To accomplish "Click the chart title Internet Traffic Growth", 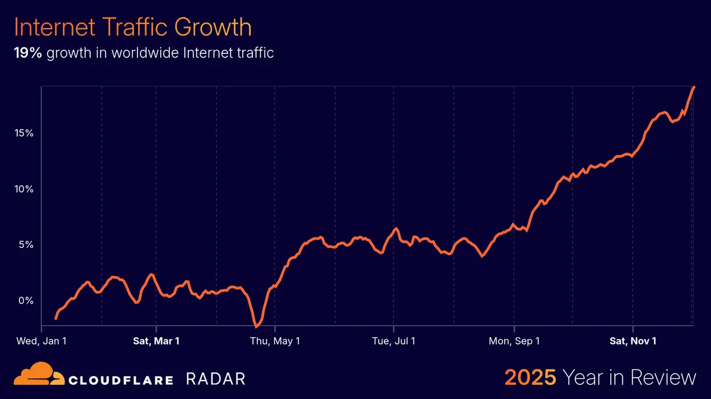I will pos(133,28).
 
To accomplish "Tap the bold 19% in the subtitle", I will pos(28,53).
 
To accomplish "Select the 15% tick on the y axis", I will pos(24,133).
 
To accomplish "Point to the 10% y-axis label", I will pos(24,189).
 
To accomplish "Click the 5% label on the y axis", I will pos(26,244).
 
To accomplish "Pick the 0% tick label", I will pos(26,300).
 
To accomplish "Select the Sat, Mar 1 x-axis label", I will pos(156,341).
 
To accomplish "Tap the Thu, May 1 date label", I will pos(275,341).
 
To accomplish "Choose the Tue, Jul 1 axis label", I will pos(393,341).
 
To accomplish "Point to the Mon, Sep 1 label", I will pos(514,341).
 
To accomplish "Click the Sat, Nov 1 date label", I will pos(633,341).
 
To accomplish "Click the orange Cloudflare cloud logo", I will pos(37,377).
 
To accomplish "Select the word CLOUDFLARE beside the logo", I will pos(121,379).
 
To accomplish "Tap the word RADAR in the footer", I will pos(215,379).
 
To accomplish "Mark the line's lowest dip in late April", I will pos(257,326).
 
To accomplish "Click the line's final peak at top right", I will pos(694,87).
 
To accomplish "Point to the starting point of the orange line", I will pos(56,318).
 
